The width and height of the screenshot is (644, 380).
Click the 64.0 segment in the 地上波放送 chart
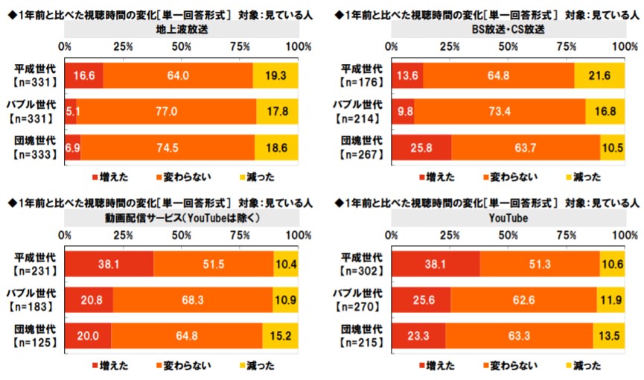click(x=177, y=75)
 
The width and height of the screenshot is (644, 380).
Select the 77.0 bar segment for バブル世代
click(x=165, y=110)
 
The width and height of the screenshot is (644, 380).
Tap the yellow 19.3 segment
click(x=275, y=75)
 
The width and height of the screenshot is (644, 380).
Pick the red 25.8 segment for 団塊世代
click(x=421, y=146)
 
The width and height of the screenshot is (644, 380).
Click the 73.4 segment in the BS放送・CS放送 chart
click(x=500, y=110)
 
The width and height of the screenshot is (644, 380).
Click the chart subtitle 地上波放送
click(x=182, y=29)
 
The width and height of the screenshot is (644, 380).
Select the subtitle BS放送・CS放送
click(x=508, y=29)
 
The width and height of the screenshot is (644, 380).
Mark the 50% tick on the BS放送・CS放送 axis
click(x=508, y=47)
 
